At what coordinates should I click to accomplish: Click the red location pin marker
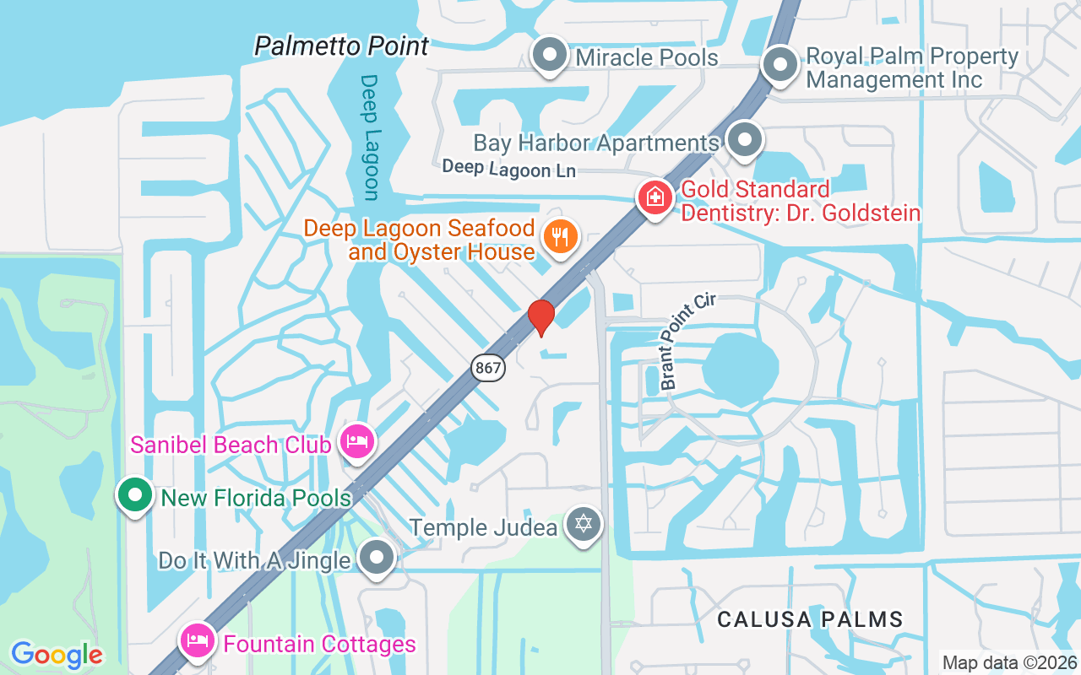click(541, 317)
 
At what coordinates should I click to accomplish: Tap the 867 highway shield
click(489, 367)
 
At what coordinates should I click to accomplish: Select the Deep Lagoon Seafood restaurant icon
click(559, 235)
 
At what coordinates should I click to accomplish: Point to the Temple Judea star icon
click(583, 525)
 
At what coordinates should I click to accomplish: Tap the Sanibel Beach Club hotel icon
click(357, 441)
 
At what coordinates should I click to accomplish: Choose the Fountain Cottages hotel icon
click(198, 641)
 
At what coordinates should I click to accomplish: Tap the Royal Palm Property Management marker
click(780, 65)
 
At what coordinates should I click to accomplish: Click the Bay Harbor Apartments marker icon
click(745, 141)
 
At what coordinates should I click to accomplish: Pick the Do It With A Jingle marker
click(377, 558)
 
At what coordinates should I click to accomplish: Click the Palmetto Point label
click(342, 46)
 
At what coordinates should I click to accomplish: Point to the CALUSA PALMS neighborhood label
click(810, 619)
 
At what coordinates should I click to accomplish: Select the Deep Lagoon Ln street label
click(508, 169)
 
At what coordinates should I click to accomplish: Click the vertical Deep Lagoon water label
click(370, 138)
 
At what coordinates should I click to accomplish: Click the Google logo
click(57, 655)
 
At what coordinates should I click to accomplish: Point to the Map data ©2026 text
click(1009, 663)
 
